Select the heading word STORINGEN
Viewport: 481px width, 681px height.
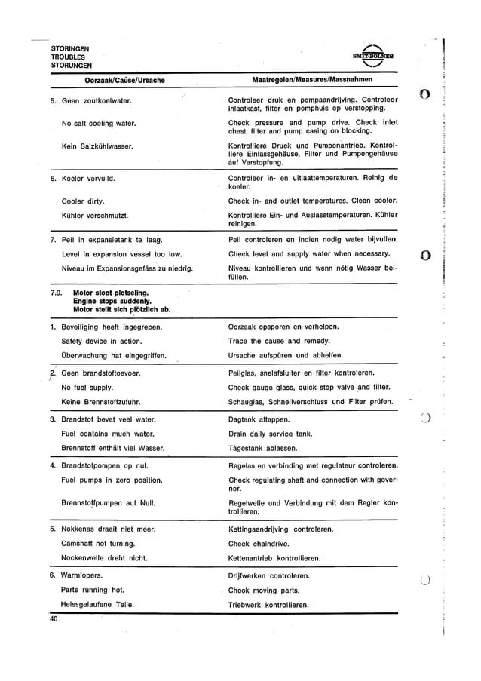click(x=70, y=48)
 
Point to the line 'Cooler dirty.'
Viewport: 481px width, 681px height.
click(x=82, y=201)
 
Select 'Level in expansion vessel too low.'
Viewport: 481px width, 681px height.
click(x=121, y=254)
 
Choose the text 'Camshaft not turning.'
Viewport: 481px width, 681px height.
click(x=98, y=544)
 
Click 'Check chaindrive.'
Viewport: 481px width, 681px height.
click(x=259, y=544)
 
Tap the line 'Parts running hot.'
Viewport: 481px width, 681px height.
click(x=93, y=590)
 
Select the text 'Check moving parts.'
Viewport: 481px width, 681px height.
click(x=264, y=591)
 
